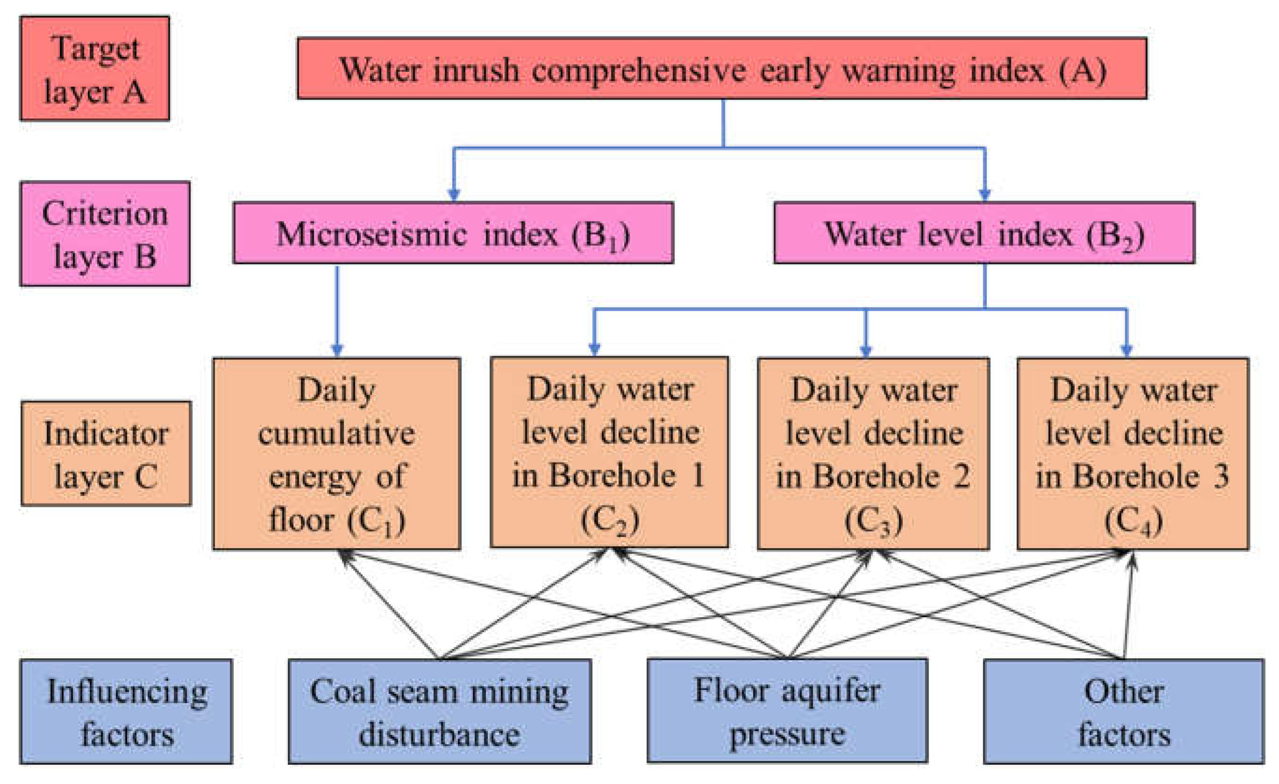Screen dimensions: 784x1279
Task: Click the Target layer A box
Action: [94, 68]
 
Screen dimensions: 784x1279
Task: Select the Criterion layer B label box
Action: [105, 234]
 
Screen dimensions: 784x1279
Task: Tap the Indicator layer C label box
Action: [107, 453]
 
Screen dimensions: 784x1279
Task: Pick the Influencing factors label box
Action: [126, 711]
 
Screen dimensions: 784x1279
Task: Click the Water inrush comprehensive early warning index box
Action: [722, 69]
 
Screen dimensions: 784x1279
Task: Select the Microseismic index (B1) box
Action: [453, 233]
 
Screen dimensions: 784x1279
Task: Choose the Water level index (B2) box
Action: [984, 233]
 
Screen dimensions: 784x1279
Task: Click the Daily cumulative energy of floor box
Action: [336, 453]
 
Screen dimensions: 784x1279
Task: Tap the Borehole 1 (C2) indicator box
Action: [610, 452]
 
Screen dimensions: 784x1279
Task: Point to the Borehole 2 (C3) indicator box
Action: [873, 453]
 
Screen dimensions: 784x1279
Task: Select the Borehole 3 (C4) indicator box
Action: [1133, 453]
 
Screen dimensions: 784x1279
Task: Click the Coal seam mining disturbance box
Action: [440, 711]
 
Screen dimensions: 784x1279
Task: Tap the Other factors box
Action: [1123, 711]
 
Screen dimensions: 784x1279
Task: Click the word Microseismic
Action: [371, 234]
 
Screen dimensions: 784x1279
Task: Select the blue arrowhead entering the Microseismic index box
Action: [454, 195]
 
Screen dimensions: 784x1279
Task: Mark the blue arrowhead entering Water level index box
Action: [985, 195]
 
